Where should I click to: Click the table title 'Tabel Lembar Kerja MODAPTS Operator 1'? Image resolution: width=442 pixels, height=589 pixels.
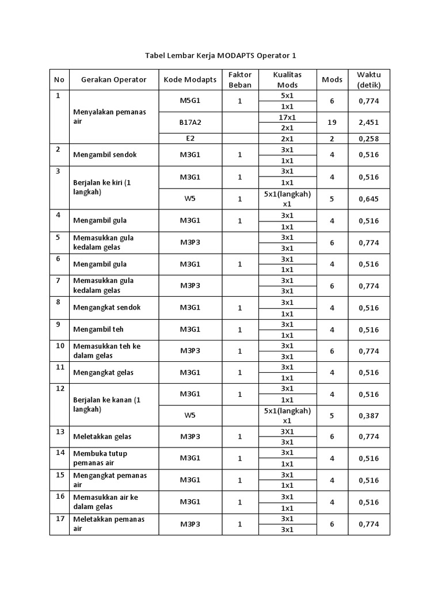click(222, 56)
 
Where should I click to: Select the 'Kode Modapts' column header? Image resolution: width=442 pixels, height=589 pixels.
click(190, 79)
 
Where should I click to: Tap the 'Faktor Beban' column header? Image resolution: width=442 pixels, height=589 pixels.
click(240, 79)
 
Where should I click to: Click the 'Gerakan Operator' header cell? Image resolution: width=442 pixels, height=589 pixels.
click(113, 79)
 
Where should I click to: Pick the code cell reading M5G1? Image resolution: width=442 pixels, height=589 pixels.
click(189, 101)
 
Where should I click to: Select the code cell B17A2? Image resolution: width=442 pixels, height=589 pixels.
click(189, 123)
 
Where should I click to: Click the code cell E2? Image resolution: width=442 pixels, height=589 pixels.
click(189, 139)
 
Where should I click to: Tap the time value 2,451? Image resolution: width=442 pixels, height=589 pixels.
click(368, 123)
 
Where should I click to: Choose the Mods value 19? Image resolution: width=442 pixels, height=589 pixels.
click(331, 123)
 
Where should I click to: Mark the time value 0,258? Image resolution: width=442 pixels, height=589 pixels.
click(368, 139)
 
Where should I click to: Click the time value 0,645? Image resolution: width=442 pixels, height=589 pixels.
click(368, 199)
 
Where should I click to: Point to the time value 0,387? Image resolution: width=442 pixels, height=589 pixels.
click(368, 415)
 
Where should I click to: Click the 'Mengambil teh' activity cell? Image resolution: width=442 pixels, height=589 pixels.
click(98, 330)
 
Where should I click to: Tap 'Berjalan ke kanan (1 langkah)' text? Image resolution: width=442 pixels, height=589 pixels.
click(106, 404)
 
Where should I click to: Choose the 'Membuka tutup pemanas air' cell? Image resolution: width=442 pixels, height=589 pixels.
click(100, 458)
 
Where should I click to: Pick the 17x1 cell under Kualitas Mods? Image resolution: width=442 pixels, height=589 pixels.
click(287, 117)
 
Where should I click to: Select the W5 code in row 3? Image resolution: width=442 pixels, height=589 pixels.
click(189, 199)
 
